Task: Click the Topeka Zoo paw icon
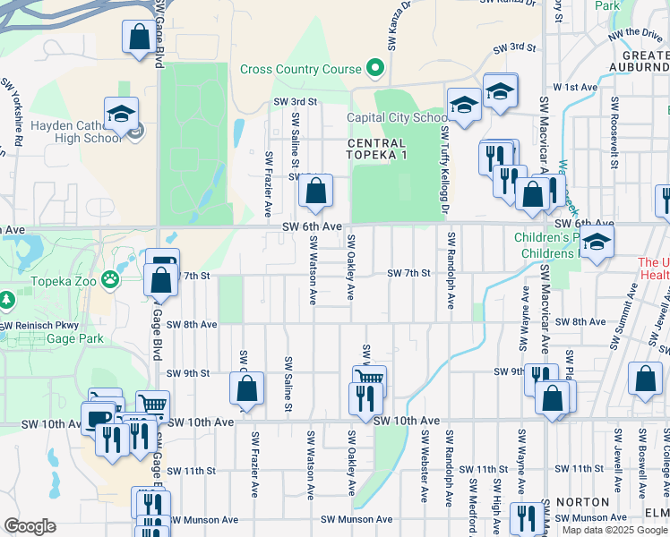pyautogui.click(x=110, y=278)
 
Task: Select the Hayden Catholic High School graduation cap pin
pyautogui.click(x=121, y=114)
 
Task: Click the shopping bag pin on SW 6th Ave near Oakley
pyautogui.click(x=315, y=191)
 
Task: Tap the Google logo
pyautogui.click(x=30, y=526)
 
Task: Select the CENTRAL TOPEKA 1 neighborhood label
pyautogui.click(x=376, y=149)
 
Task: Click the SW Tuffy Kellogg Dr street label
pyautogui.click(x=443, y=170)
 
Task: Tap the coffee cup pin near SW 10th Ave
pyautogui.click(x=98, y=418)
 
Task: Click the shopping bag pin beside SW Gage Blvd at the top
pyautogui.click(x=140, y=38)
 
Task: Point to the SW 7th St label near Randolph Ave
pyautogui.click(x=408, y=273)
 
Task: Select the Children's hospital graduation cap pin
pyautogui.click(x=597, y=242)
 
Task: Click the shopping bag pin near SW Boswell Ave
pyautogui.click(x=645, y=379)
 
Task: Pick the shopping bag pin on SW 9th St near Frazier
pyautogui.click(x=247, y=388)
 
